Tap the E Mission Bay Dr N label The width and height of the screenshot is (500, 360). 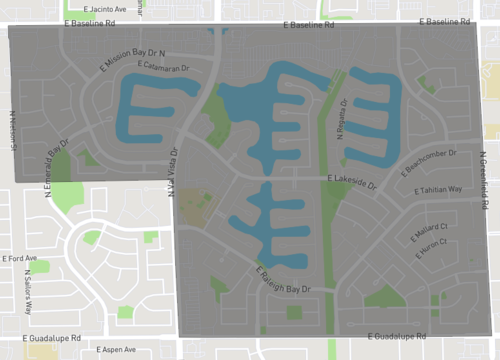click(132, 58)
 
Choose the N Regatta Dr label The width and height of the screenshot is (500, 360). click(342, 117)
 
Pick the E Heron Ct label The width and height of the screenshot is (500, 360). click(430, 248)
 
